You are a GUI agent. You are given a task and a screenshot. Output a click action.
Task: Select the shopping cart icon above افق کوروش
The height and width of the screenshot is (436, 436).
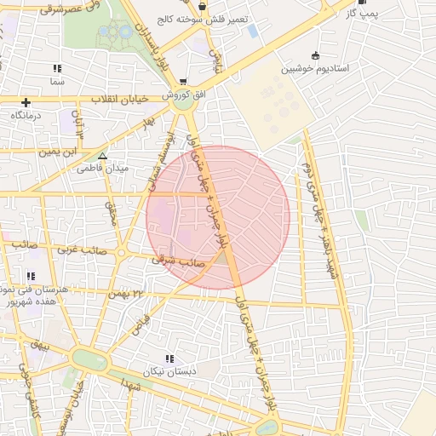tap(182, 82)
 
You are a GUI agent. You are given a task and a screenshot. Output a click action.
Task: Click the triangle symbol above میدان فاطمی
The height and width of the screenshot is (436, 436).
tap(102, 156)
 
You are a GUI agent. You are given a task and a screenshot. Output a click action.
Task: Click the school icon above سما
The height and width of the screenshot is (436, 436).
tap(57, 67)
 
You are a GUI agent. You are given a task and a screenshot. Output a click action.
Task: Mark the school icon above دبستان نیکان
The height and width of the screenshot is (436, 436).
tap(169, 359)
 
